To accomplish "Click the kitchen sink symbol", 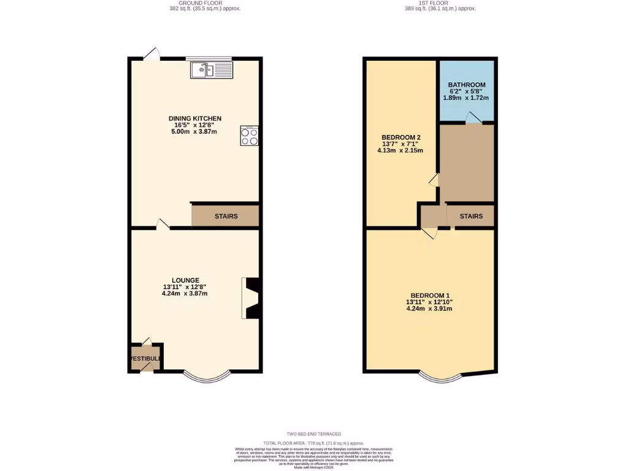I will tap(212, 70).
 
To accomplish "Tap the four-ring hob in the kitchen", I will tap(250, 136).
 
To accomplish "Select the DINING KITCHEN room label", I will tap(195, 118).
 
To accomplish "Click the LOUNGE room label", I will tap(185, 280).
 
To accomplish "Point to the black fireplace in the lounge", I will tap(252, 298).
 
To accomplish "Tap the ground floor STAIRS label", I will tap(226, 216).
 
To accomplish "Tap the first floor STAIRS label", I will tap(471, 216).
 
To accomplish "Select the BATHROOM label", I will tap(467, 85).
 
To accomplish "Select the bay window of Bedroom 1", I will tap(441, 378).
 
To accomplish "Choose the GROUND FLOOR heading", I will tap(205, 2).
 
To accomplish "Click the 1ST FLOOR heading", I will tap(440, 2).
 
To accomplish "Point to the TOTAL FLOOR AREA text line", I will tap(313, 443).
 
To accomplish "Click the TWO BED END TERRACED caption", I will tap(313, 434).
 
